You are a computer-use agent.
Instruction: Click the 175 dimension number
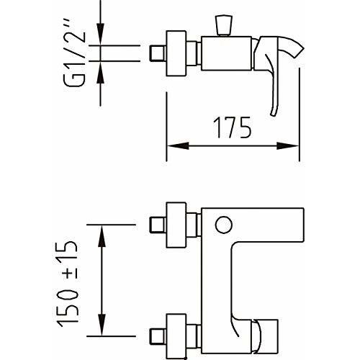(x=231, y=128)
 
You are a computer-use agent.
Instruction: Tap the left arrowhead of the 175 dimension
(x=174, y=146)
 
